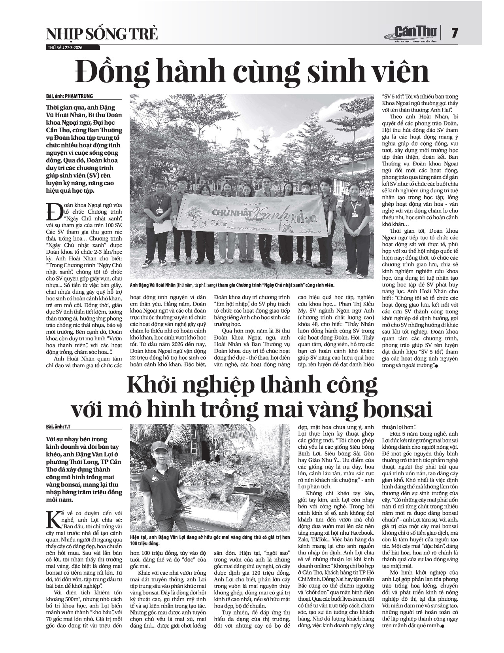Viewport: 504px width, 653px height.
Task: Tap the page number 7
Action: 455,33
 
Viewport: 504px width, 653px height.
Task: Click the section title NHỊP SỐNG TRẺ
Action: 102,34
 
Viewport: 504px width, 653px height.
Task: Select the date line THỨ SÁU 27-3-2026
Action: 65,48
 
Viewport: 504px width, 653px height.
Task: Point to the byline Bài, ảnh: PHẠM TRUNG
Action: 69,96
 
